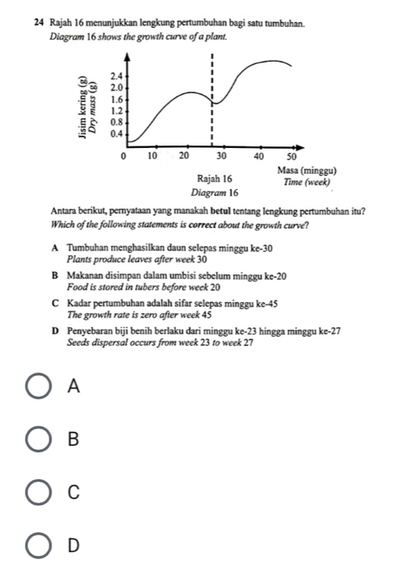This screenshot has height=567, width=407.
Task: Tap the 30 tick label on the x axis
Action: coord(221,157)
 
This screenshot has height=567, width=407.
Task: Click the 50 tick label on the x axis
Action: coord(289,157)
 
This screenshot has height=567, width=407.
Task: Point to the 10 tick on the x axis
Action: coord(154,157)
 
